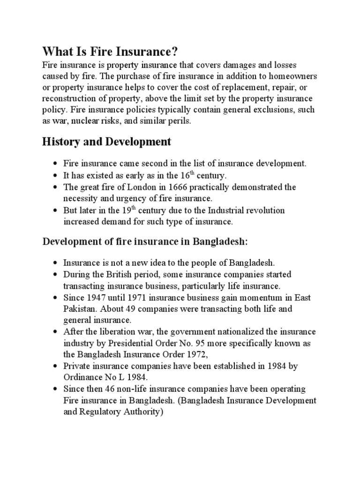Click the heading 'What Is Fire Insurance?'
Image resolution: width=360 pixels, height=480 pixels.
coord(111,50)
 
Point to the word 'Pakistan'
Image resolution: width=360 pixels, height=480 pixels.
coord(80,309)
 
